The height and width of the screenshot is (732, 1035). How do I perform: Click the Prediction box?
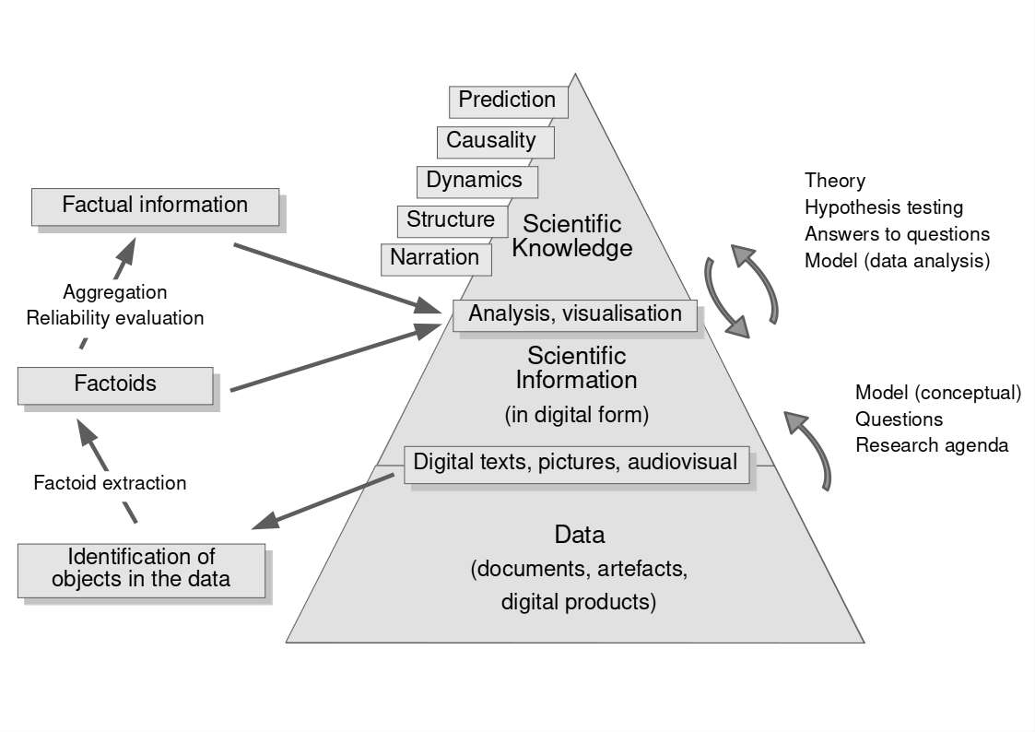[x=508, y=100]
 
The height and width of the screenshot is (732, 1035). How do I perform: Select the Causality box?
[x=495, y=141]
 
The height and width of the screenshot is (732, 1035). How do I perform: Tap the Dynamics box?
[x=476, y=181]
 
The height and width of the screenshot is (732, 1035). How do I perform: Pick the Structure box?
[x=452, y=220]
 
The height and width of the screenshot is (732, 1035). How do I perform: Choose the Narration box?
[x=435, y=258]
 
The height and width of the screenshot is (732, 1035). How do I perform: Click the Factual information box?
[x=155, y=207]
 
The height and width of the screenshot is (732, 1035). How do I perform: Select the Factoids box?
[x=115, y=384]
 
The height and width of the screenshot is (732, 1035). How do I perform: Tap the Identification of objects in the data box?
[x=141, y=570]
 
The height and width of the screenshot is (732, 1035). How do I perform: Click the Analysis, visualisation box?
[x=575, y=314]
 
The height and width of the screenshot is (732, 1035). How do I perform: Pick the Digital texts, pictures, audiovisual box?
[x=576, y=463]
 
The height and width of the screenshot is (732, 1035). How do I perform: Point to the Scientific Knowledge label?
[x=572, y=236]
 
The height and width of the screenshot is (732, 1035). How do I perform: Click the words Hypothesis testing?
[x=883, y=207]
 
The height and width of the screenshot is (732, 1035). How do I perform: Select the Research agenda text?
[x=932, y=445]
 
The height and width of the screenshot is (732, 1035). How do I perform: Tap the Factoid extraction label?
[x=110, y=483]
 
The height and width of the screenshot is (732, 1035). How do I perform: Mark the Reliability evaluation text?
[x=115, y=318]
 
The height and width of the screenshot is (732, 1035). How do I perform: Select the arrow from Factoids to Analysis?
[x=337, y=358]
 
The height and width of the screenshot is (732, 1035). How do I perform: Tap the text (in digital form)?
[x=577, y=415]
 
